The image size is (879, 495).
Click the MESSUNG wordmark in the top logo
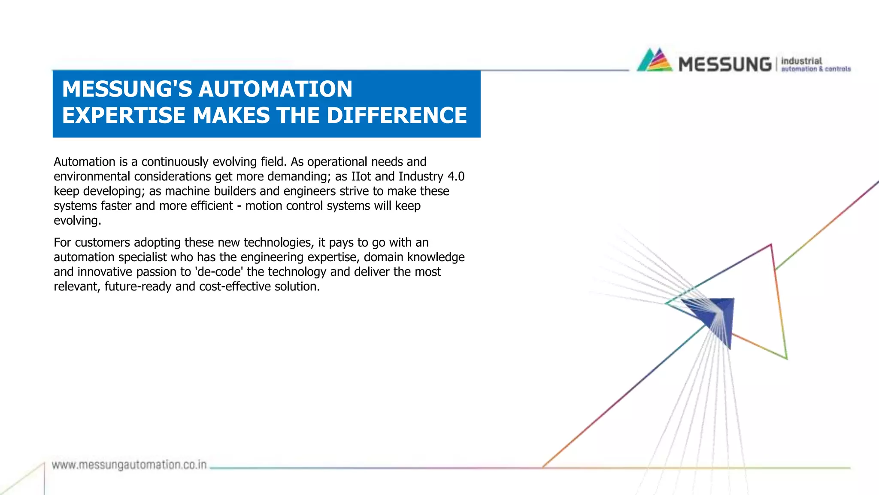725,65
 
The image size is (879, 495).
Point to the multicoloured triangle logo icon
655,60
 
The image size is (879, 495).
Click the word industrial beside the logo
801,61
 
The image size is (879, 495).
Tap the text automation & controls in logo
815,69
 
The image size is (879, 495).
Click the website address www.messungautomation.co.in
129,465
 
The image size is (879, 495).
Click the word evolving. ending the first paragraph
77,220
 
